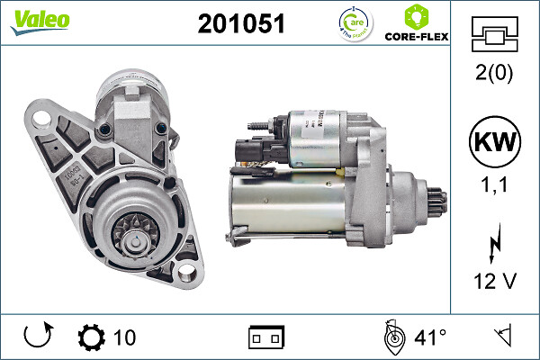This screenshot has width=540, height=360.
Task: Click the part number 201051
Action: coord(240,24)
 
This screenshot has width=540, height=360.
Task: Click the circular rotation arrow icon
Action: coord(37,337)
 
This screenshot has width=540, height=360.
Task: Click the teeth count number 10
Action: coord(125,337)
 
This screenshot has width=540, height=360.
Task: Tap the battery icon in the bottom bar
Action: coord(266,338)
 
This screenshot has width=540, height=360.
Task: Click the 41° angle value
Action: coord(429,337)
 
